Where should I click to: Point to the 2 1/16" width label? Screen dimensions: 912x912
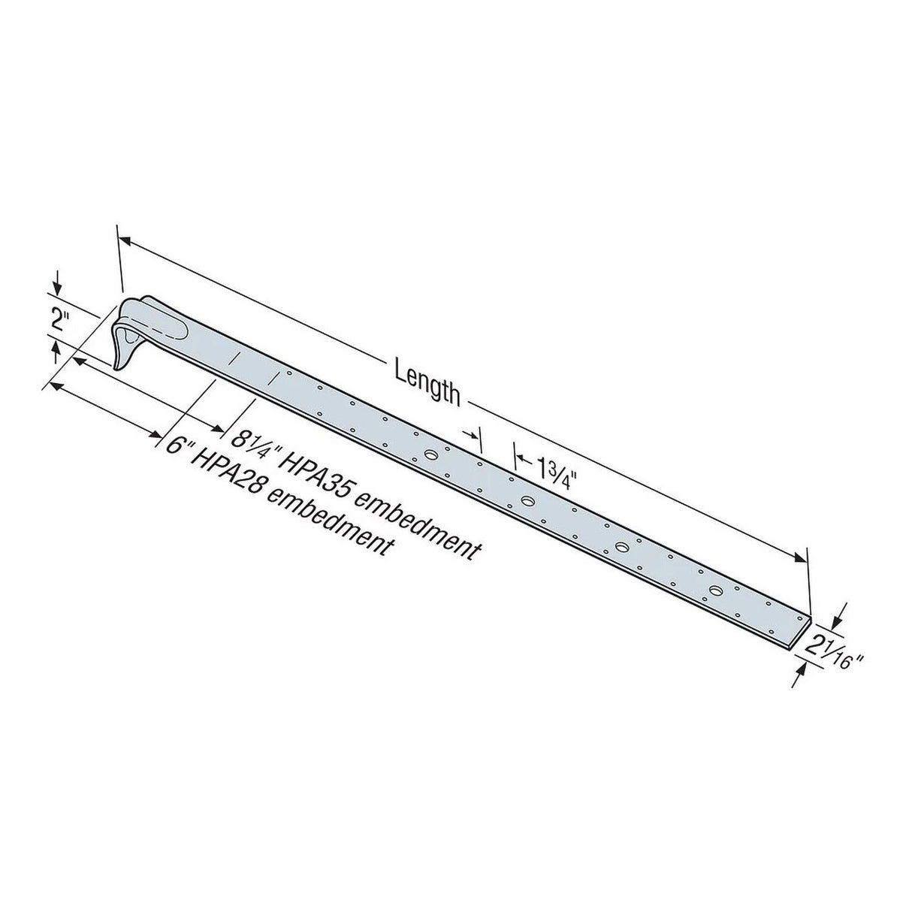[832, 648]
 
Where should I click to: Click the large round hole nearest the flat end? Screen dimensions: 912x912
[713, 591]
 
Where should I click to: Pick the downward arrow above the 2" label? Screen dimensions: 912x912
[56, 287]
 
